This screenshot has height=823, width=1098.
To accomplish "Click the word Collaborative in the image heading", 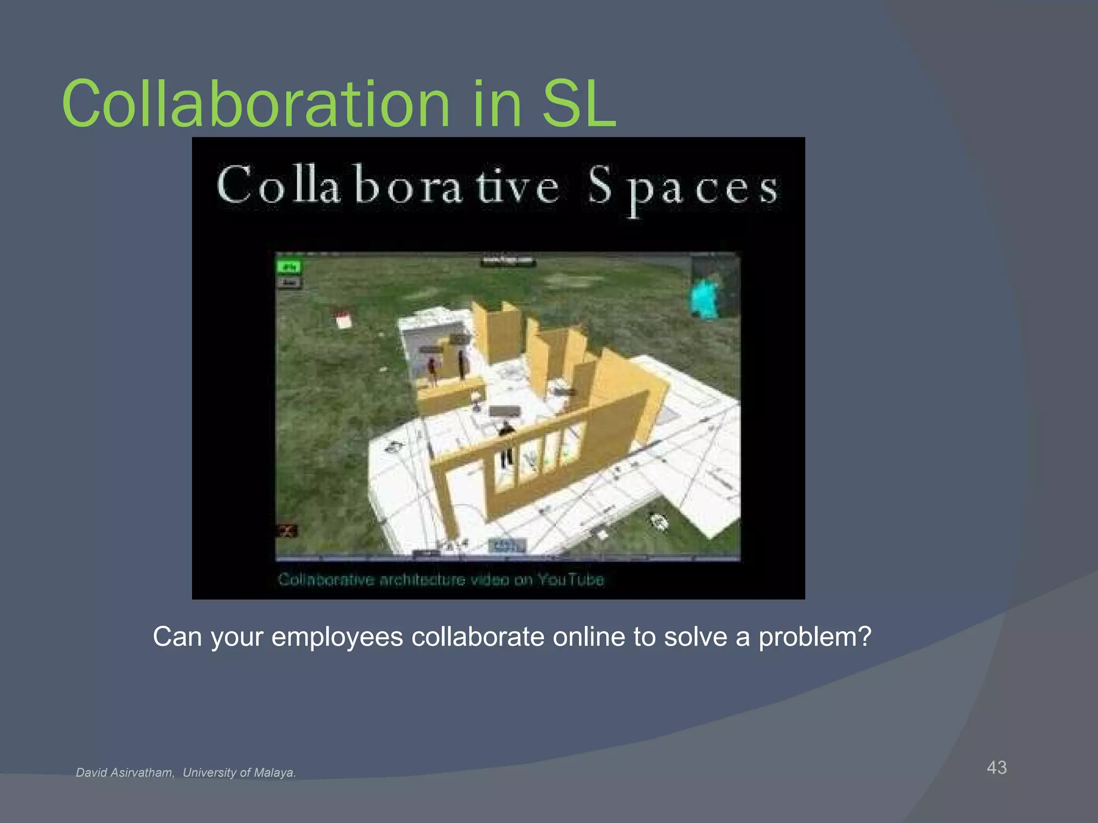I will (388, 186).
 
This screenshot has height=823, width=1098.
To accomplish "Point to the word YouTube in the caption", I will (570, 580).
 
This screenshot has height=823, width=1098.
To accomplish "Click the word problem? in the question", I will (815, 637).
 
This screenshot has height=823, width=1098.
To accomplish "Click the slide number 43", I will (997, 767).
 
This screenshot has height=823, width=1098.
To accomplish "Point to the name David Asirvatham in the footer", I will (125, 773).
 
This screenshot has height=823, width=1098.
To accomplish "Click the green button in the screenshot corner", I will (290, 266).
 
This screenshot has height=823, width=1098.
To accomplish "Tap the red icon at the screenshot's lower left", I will (287, 531).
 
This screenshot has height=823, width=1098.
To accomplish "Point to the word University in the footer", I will (209, 773).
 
